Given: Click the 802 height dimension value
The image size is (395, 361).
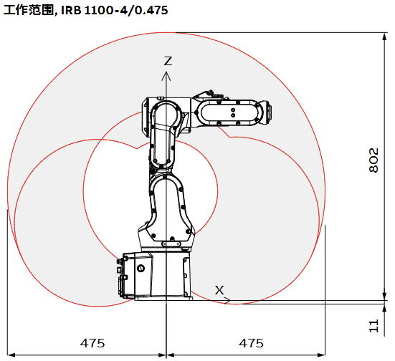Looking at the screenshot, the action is tap(373, 160).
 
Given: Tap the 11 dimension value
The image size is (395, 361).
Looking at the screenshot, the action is tap(373, 326).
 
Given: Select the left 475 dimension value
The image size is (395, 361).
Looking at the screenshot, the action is tap(92, 343).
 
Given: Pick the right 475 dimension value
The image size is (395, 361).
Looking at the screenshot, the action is tap(251, 343).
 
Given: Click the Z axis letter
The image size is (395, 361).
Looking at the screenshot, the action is tap(168, 61).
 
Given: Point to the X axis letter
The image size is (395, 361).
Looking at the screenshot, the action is tap(219, 290).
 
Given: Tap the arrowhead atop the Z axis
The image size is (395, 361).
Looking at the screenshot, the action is tap(166, 76).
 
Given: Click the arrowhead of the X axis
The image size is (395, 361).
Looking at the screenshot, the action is tap(227, 300).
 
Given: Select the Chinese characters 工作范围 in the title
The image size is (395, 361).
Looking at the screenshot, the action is tap(28, 10).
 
